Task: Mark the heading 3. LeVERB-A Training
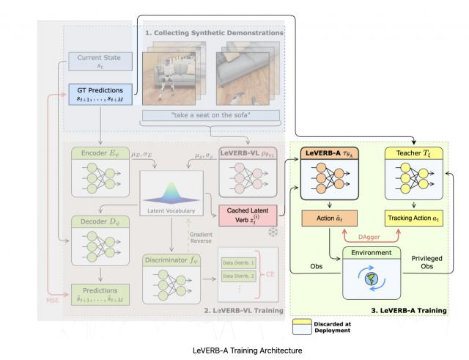coord(407,312)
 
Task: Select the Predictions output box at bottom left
coord(100,294)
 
